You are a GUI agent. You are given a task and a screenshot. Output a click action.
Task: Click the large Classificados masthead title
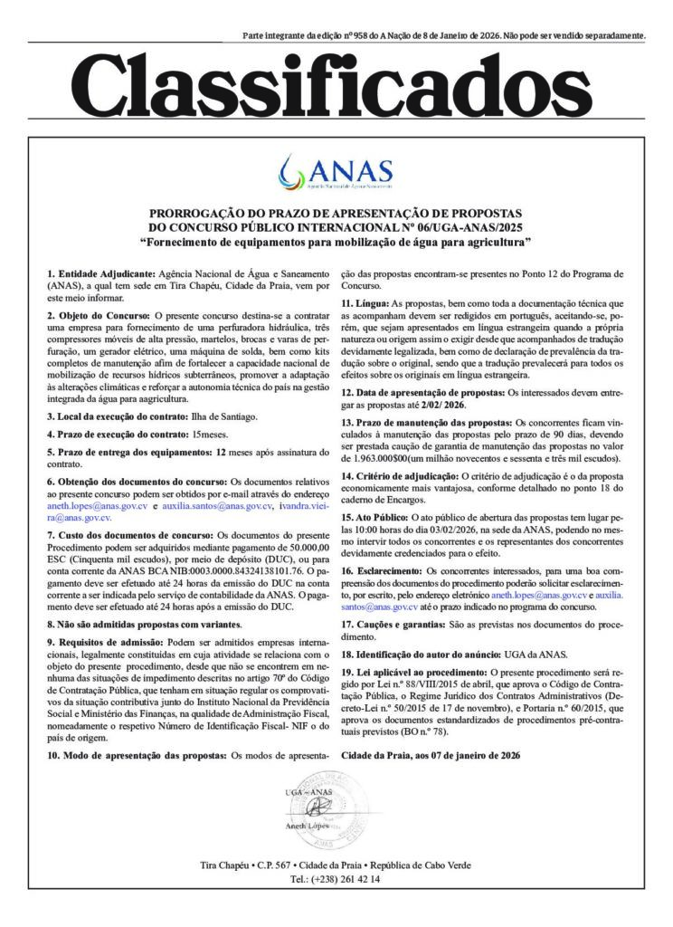pyautogui.click(x=336, y=87)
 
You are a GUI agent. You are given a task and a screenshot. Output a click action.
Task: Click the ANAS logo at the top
pyautogui.click(x=336, y=169)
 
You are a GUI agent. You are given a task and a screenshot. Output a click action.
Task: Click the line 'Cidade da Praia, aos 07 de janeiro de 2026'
pyautogui.click(x=431, y=754)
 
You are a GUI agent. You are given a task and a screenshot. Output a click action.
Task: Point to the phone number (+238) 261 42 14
pyautogui.click(x=347, y=879)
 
